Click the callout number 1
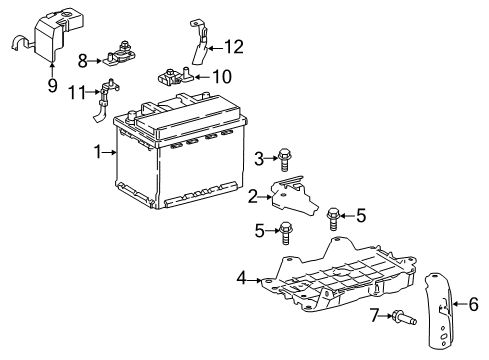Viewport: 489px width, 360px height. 99,153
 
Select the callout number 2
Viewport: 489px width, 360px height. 253,195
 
